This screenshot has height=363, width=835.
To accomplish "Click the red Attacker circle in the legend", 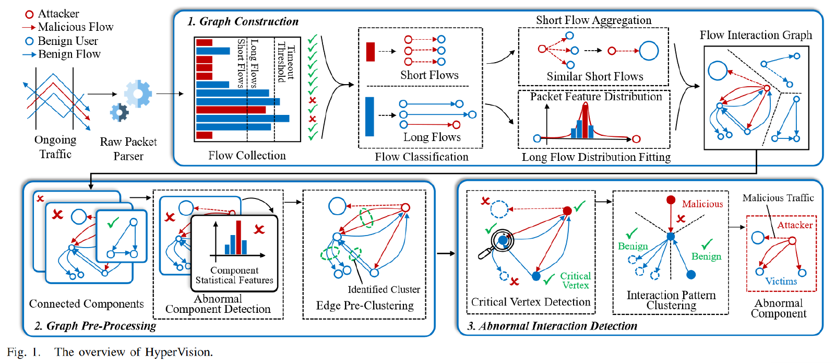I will [30, 14].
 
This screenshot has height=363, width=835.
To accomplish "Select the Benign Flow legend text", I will [69, 54].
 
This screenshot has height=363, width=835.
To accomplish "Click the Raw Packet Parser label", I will [128, 149].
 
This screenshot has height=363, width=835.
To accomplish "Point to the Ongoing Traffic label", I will [55, 147].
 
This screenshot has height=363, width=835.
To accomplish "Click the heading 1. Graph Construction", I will [243, 21].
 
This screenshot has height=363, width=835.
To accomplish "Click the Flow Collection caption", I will [247, 155].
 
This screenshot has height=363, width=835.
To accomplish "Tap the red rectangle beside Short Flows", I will [371, 52].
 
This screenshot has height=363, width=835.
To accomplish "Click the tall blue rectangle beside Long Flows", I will [369, 116].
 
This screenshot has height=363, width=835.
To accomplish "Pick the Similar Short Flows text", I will [594, 76].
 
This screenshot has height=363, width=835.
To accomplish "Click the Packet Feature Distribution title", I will [595, 97].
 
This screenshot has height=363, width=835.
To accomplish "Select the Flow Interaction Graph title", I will [755, 35].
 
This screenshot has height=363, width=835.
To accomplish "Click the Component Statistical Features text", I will [234, 275].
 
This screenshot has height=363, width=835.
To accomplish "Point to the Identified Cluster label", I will [384, 289].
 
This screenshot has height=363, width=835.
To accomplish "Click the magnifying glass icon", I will [498, 244].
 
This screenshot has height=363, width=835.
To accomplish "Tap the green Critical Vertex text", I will [575, 280].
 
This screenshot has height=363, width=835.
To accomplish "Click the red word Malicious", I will [702, 204].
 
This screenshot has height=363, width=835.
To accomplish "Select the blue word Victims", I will [781, 281].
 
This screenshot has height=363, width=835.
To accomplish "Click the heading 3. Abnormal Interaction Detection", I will [552, 326].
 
